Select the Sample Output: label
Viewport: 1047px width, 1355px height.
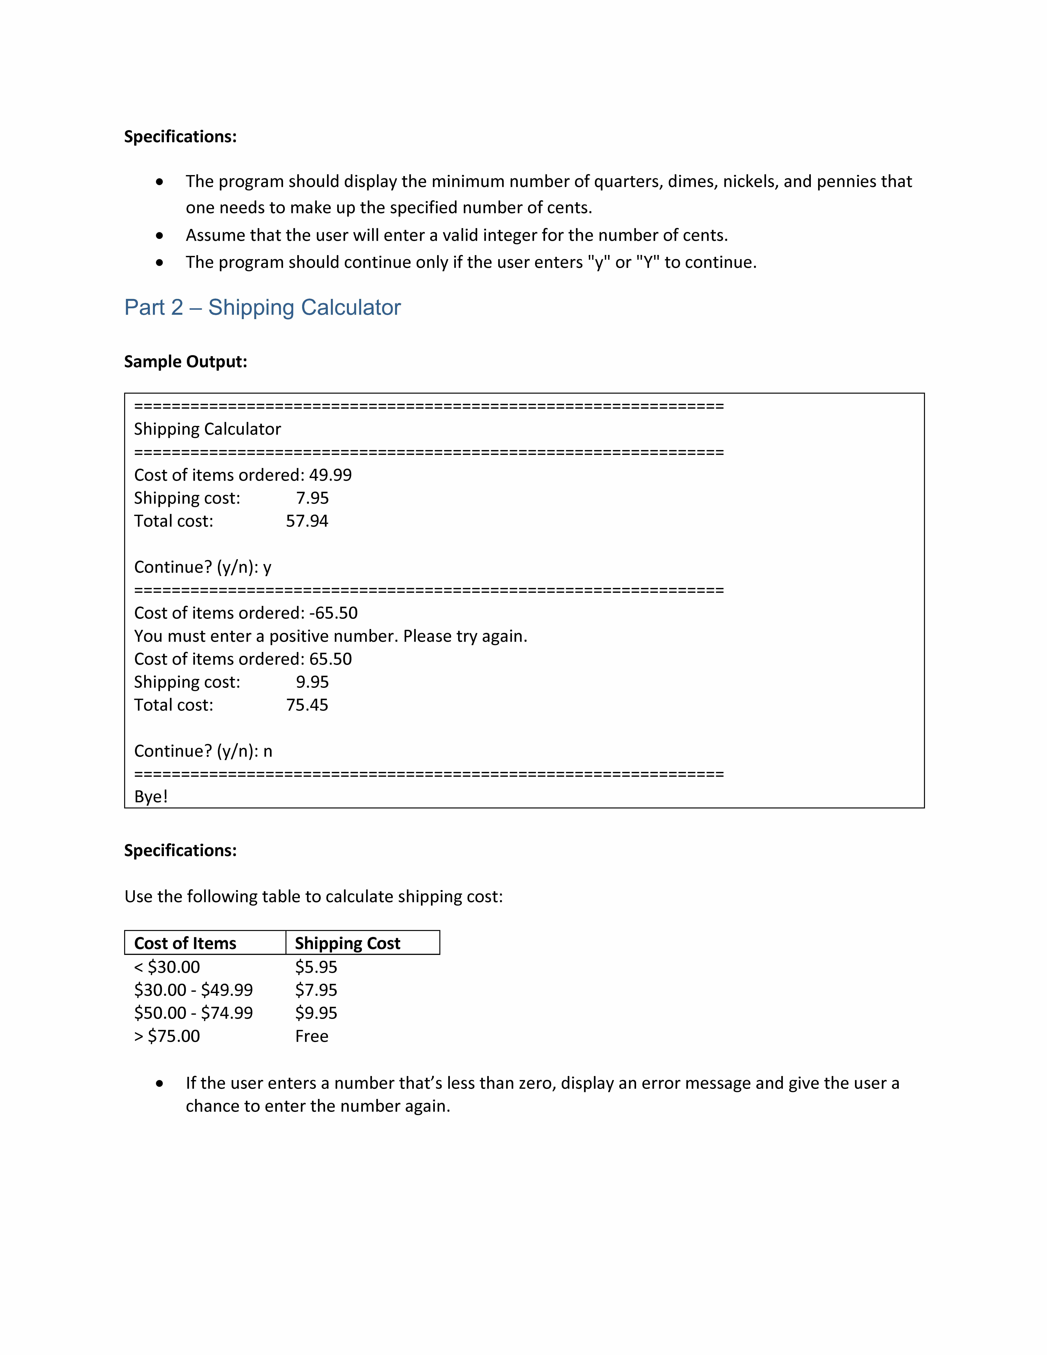coord(185,362)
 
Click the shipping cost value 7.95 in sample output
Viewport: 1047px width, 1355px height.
coord(312,498)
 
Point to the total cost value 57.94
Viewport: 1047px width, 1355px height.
coord(307,521)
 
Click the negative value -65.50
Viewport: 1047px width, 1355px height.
coord(333,613)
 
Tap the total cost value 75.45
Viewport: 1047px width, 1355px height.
coord(307,705)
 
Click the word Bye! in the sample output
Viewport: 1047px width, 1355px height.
coord(151,797)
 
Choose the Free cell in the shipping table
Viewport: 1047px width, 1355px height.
coord(311,1036)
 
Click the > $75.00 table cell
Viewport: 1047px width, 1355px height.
coord(167,1036)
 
